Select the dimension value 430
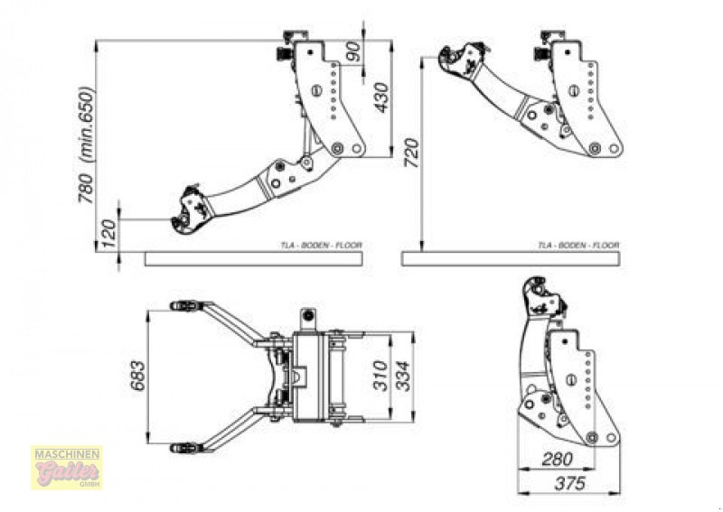tap(381, 97)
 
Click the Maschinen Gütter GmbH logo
tap(67, 467)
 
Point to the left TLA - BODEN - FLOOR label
tap(321, 246)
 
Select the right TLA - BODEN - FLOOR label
tap(578, 246)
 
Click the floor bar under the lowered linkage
tap(253, 258)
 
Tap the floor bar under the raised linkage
tap(512, 258)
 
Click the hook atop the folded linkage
tap(542, 298)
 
